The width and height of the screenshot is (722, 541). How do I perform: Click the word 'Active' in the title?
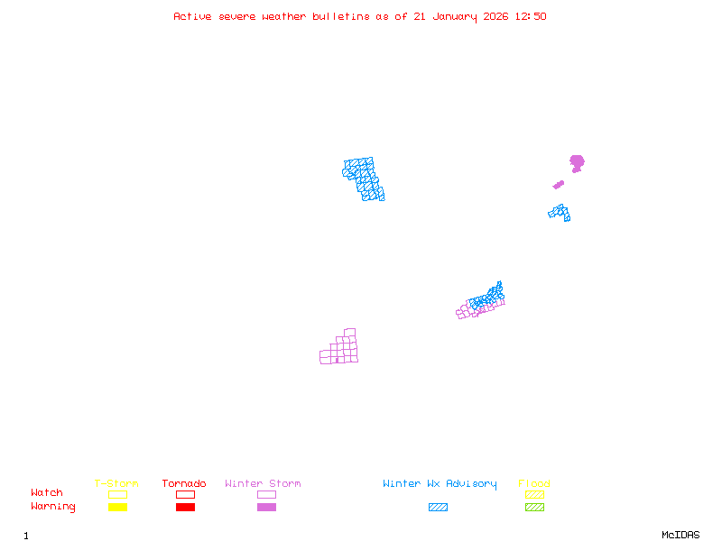pyautogui.click(x=192, y=16)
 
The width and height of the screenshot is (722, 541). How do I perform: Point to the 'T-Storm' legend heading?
pyautogui.click(x=116, y=484)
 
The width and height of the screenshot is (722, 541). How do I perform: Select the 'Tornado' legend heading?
pyautogui.click(x=184, y=484)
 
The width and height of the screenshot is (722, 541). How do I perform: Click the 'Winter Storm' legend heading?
pyautogui.click(x=263, y=484)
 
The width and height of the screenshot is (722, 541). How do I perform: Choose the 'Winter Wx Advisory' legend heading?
pyautogui.click(x=440, y=484)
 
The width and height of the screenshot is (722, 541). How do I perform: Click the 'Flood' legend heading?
pyautogui.click(x=534, y=484)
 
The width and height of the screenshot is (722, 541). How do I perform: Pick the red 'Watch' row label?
pyautogui.click(x=47, y=493)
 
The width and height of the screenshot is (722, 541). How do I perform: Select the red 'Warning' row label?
pyautogui.click(x=53, y=507)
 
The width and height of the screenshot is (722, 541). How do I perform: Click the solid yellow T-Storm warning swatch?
pyautogui.click(x=117, y=508)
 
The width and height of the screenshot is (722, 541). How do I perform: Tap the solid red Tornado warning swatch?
pyautogui.click(x=185, y=508)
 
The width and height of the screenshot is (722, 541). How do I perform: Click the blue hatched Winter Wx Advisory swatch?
pyautogui.click(x=438, y=508)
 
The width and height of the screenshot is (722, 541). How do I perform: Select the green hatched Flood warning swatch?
pyautogui.click(x=534, y=508)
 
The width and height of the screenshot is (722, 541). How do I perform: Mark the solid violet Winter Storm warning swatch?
pyautogui.click(x=266, y=508)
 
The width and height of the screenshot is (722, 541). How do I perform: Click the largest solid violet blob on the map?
pyautogui.click(x=577, y=162)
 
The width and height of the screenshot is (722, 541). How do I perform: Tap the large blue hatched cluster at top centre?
pyautogui.click(x=364, y=179)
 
